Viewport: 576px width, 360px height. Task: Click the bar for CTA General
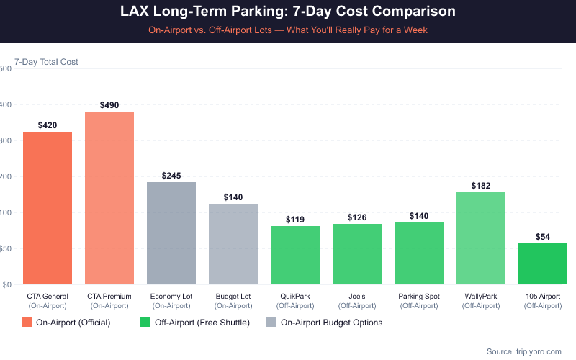[48, 208]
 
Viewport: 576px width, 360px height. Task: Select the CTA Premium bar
[109, 198]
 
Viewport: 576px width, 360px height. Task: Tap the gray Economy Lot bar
[171, 233]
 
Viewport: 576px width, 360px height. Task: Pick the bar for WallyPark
[481, 238]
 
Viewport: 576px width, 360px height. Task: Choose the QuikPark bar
[295, 255]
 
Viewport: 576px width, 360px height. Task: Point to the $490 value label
[109, 105]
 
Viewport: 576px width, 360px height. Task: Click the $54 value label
[543, 237]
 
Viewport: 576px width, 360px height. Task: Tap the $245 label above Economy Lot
[171, 176]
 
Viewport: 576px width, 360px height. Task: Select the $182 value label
[481, 186]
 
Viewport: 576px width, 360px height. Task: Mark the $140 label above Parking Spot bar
[419, 216]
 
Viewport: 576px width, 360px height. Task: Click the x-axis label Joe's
[357, 296]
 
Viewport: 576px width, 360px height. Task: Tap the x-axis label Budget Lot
[233, 296]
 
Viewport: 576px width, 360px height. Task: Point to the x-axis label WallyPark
[481, 296]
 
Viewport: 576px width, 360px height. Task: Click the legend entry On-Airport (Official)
[73, 323]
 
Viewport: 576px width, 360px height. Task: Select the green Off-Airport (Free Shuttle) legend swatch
[145, 323]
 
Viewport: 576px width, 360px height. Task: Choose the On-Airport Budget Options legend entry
[331, 323]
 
